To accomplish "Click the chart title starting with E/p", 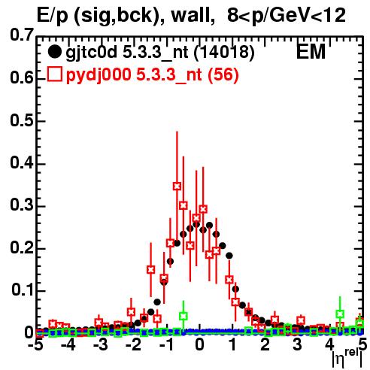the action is coord(191,16).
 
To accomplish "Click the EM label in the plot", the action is coord(311,52).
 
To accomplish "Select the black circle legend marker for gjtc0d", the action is coord(54,52).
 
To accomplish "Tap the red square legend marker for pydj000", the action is coord(55,74).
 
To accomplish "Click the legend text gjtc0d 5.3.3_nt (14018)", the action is coord(160,53).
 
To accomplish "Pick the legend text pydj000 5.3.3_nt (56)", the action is coord(152,75).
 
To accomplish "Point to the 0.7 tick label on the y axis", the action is coord(22,35).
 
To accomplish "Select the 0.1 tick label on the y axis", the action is coord(22,290).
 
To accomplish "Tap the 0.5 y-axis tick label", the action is coord(22,120).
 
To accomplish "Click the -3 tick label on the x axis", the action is coord(101,344).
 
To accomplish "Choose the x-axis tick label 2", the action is coord(265,344).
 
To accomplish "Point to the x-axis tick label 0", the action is coord(199,344).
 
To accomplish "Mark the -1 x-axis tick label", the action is coord(166,344).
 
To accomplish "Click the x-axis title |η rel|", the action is coord(347,357).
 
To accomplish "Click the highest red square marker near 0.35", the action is coord(177,187).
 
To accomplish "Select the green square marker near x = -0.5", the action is coord(183,316).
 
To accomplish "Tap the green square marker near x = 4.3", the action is coord(340,314).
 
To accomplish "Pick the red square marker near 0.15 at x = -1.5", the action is coord(150,270).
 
